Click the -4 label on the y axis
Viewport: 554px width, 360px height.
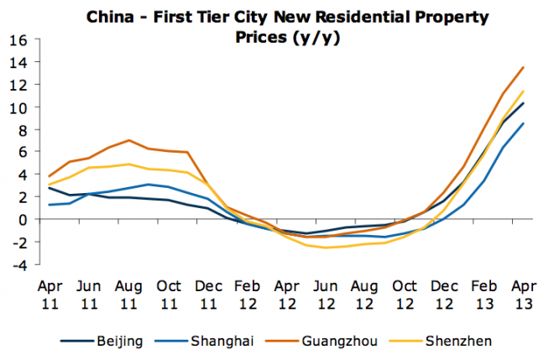pyautogui.click(x=18, y=264)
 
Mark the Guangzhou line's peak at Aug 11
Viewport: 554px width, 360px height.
pyautogui.click(x=128, y=140)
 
